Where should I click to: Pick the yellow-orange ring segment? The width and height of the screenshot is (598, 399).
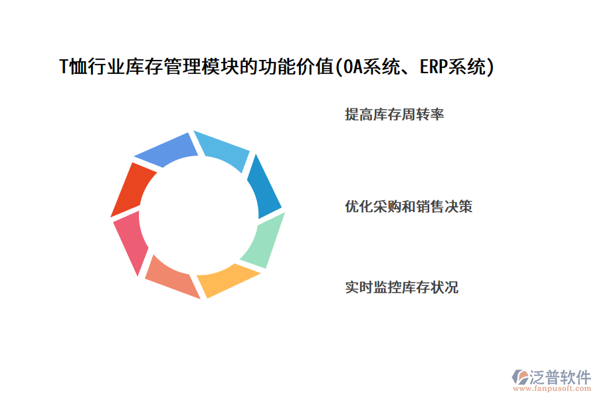pyautogui.click(x=226, y=277)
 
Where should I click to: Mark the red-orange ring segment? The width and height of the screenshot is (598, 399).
pyautogui.click(x=133, y=190)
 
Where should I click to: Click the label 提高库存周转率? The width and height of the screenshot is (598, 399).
pyautogui.click(x=394, y=115)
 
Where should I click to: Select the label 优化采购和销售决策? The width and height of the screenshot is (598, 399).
pyautogui.click(x=409, y=207)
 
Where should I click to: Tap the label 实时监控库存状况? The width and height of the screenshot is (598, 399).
pyautogui.click(x=401, y=288)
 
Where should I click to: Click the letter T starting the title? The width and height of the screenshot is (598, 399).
pyautogui.click(x=64, y=68)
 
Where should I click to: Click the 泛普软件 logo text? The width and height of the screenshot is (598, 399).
pyautogui.click(x=559, y=377)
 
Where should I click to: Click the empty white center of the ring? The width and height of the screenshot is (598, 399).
pyautogui.click(x=198, y=214)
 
